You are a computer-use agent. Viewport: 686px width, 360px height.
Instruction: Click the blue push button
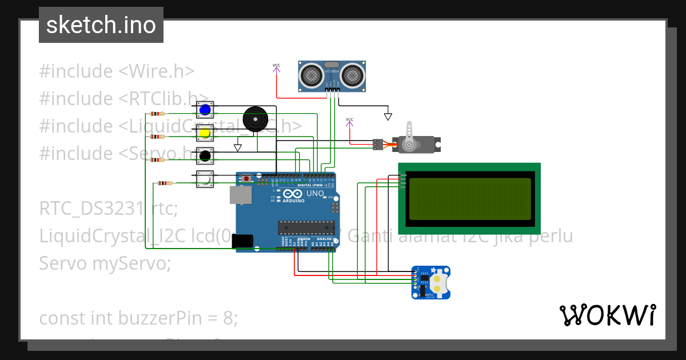[205, 110]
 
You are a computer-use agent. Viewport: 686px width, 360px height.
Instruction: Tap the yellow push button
[205, 133]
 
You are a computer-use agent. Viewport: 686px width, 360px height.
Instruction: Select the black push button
[205, 155]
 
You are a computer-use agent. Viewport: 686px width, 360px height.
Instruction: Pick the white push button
[205, 179]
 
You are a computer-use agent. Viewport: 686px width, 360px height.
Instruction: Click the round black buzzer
[255, 120]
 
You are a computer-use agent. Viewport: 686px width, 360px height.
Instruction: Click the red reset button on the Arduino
[246, 179]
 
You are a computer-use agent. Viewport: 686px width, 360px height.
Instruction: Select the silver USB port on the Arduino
[240, 195]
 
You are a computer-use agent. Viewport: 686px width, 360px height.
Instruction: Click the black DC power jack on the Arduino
[242, 241]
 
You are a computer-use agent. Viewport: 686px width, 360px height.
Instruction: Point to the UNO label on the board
[315, 194]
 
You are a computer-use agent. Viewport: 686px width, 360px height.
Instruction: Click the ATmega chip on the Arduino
[305, 227]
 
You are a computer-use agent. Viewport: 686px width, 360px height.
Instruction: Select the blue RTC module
[431, 282]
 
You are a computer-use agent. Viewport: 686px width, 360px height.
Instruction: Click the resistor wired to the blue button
[157, 114]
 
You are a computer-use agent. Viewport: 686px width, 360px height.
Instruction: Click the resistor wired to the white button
[164, 183]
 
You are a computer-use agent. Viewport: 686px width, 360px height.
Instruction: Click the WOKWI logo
[607, 315]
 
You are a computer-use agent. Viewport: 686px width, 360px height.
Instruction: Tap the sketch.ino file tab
[101, 25]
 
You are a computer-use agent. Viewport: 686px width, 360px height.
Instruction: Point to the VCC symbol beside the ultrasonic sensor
[277, 66]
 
